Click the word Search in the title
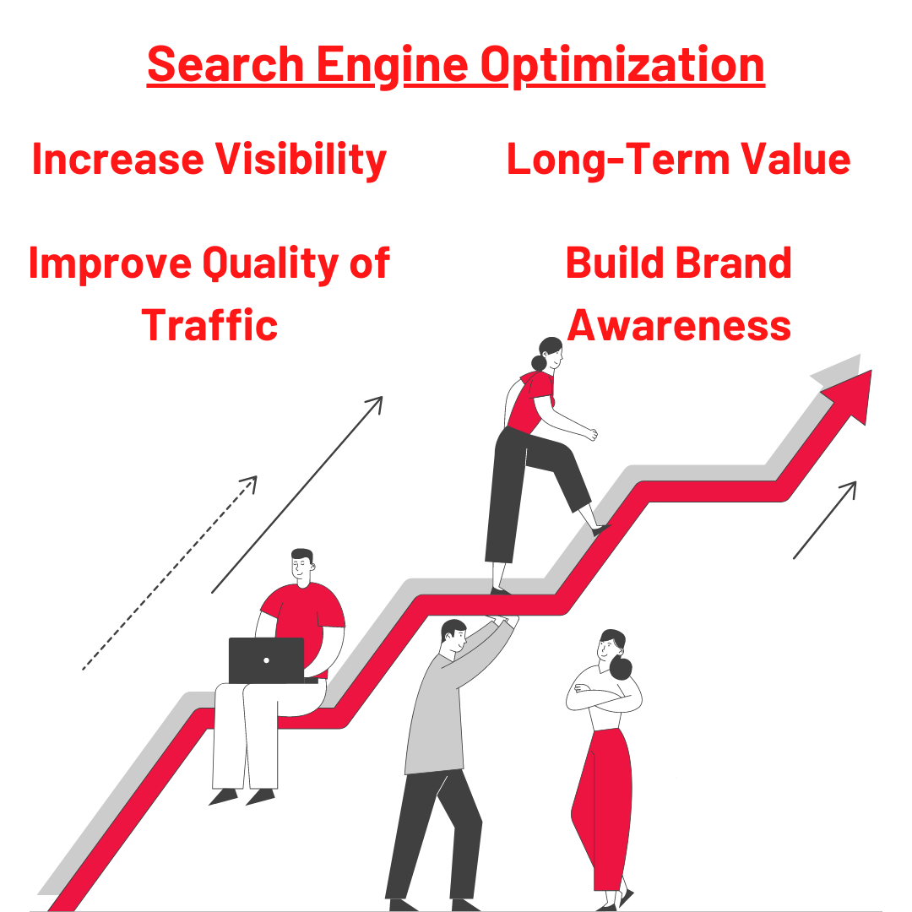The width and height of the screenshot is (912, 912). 225,64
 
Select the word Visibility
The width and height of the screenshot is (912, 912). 301,160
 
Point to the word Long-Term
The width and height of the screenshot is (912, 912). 617,160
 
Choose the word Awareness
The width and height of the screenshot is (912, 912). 679,325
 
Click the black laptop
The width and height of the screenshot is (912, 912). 266,660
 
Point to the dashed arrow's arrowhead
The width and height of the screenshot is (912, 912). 250,482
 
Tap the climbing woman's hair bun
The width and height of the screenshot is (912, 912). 539,363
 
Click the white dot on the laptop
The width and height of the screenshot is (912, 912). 266,660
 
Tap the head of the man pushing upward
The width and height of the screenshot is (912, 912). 453,637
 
